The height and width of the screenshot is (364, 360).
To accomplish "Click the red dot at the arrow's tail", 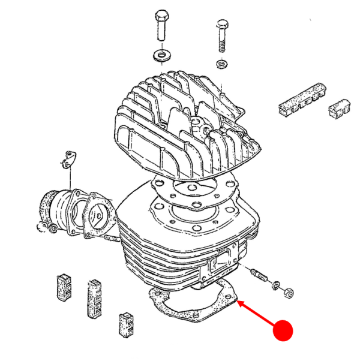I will pyautogui.click(x=283, y=330).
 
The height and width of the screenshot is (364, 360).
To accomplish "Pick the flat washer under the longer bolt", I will pyautogui.click(x=161, y=55).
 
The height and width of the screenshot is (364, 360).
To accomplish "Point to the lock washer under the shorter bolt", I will pyautogui.click(x=222, y=64).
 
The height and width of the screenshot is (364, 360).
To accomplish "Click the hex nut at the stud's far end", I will pyautogui.click(x=288, y=293).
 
